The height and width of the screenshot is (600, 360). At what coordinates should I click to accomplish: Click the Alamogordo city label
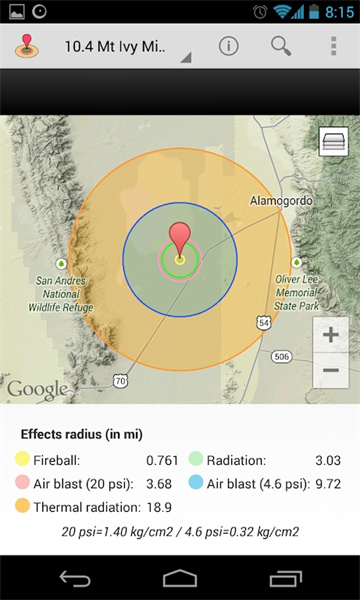281,200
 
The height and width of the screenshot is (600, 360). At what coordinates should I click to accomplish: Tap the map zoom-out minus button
332,371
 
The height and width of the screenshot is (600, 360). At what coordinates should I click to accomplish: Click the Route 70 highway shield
120,381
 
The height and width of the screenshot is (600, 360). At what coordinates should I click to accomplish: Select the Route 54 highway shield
262,323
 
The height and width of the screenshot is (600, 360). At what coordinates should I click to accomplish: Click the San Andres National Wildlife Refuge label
61,294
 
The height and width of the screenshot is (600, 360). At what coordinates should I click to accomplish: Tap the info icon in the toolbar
229,46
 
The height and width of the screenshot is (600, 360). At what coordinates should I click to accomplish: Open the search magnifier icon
281,46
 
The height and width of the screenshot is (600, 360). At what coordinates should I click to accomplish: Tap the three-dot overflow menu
333,46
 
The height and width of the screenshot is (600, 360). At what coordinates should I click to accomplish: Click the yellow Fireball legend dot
22,460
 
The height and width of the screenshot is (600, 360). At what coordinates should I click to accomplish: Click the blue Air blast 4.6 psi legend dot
196,484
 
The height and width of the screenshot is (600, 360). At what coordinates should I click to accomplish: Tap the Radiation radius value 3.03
328,460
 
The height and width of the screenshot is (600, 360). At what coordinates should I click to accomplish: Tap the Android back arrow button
75,578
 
